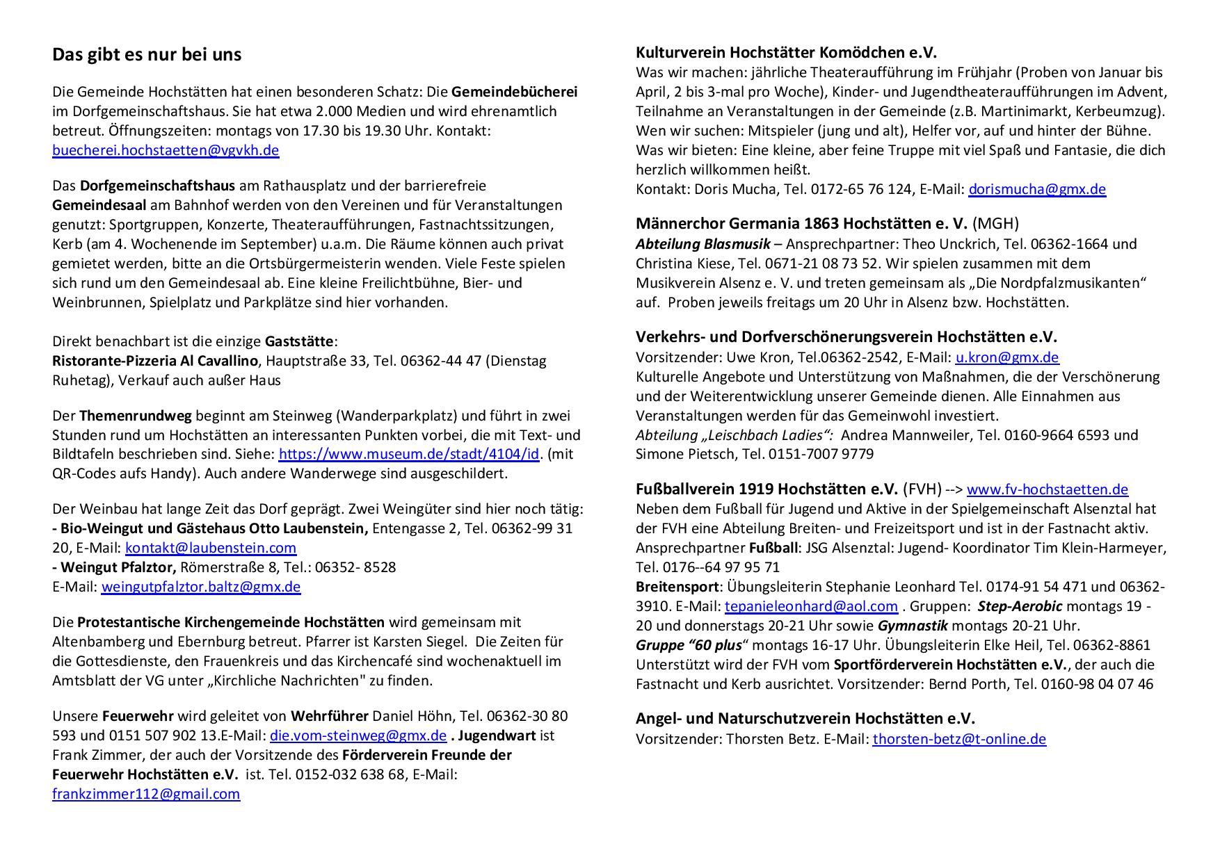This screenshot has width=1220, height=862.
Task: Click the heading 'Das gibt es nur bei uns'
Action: (147, 55)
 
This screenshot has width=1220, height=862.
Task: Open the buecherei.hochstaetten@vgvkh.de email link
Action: (166, 150)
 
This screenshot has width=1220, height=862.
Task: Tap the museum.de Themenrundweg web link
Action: (408, 455)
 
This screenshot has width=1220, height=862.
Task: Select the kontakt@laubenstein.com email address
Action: (211, 548)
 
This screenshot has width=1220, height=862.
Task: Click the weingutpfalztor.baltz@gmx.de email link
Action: (201, 587)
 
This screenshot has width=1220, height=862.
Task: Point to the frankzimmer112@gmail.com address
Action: (146, 794)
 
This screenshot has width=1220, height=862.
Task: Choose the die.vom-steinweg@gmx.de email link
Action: (358, 735)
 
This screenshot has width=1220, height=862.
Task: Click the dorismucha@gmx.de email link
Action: (1037, 189)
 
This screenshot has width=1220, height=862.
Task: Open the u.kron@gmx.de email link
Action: (1006, 358)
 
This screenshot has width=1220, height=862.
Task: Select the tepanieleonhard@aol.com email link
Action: (811, 606)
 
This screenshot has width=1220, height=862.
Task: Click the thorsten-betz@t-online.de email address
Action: (959, 739)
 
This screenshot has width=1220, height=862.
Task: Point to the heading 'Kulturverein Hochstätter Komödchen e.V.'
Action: (786, 53)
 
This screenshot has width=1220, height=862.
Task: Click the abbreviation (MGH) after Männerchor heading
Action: (995, 224)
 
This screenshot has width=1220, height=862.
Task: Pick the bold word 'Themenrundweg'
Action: (136, 416)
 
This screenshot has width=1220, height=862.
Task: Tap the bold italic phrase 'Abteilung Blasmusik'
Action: (703, 244)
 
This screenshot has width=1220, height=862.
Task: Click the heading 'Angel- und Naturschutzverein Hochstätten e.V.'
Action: (805, 719)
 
